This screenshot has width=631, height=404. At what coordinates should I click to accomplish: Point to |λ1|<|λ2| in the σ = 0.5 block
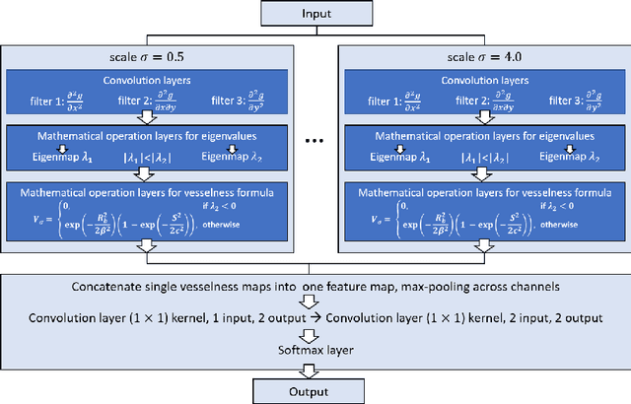pos(152,155)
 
